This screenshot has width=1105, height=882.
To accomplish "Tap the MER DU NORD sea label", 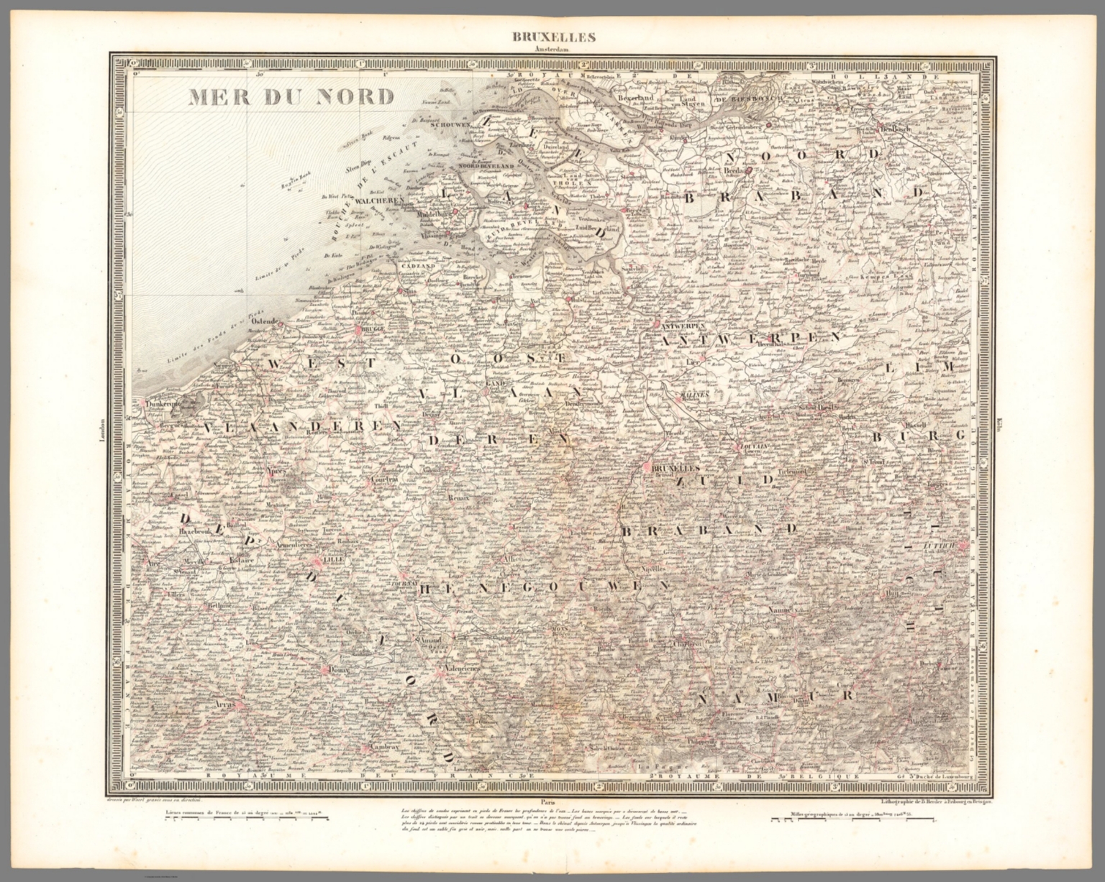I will coord(291,96).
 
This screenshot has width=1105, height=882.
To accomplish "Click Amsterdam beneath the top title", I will coord(552,50).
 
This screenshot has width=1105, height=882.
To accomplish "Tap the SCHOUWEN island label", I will coord(450,124).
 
